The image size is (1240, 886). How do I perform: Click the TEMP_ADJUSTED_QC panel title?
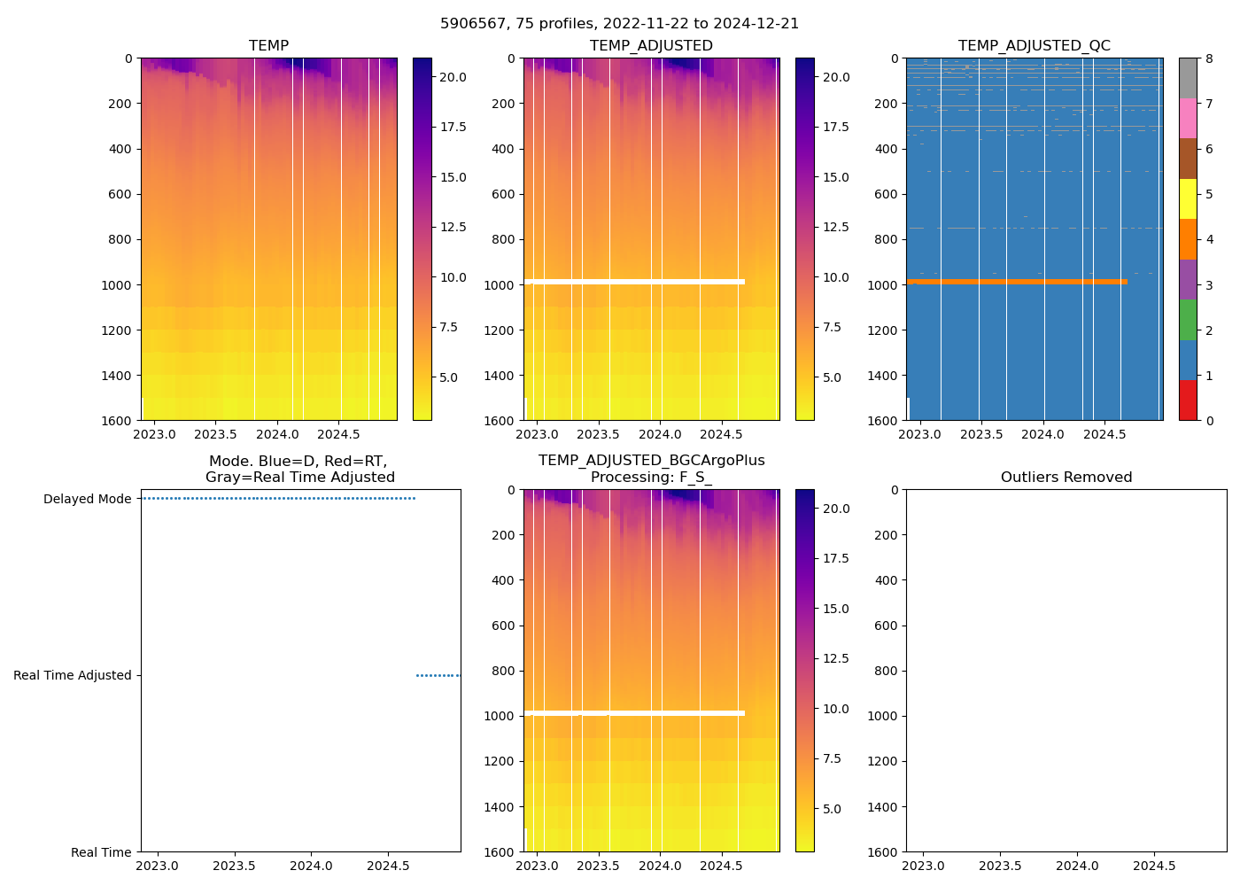click(x=1034, y=46)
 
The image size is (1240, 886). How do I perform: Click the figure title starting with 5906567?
click(x=619, y=24)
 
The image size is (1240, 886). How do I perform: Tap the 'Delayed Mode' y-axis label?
click(x=87, y=499)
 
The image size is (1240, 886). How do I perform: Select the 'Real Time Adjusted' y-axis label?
click(x=73, y=675)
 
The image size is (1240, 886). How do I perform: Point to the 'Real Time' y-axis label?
click(x=101, y=852)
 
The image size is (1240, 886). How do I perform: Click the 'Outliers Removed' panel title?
click(x=1066, y=478)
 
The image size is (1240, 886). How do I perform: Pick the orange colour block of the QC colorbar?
click(x=1188, y=239)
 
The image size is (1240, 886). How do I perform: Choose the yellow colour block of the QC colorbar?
click(x=1188, y=198)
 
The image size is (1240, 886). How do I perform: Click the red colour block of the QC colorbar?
click(x=1188, y=400)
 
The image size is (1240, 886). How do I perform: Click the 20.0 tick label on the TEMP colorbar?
click(x=453, y=77)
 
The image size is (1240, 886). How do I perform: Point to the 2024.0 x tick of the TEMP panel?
click(x=277, y=434)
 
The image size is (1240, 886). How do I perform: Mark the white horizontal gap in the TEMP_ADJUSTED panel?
click(x=634, y=282)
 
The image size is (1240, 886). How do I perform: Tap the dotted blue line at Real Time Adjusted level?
click(x=438, y=675)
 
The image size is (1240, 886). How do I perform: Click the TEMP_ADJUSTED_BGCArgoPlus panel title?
click(x=651, y=461)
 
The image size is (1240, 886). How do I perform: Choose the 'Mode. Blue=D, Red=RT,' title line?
click(x=298, y=462)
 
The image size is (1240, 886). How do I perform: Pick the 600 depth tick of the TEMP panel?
click(x=120, y=194)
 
